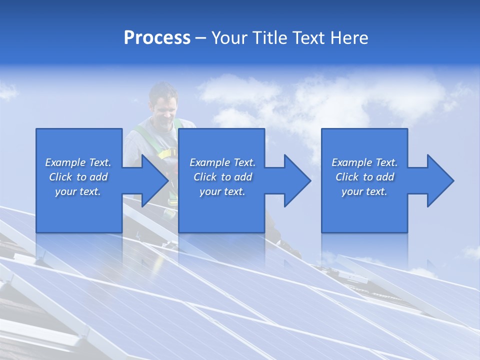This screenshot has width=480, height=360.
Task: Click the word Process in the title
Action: click(x=157, y=38)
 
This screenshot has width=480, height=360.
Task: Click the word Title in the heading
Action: click(x=268, y=38)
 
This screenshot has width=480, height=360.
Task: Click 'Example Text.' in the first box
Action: click(x=78, y=162)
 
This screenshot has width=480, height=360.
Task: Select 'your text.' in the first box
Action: click(x=78, y=191)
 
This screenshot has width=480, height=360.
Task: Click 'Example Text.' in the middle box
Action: click(x=222, y=162)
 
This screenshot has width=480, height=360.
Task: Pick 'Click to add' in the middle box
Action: click(x=222, y=177)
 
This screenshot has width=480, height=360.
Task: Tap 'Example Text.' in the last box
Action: click(x=364, y=162)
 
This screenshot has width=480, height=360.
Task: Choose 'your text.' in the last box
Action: click(x=364, y=191)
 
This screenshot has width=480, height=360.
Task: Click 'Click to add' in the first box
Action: click(x=78, y=177)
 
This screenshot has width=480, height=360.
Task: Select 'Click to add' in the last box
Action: click(x=364, y=177)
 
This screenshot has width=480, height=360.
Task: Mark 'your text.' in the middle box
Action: click(x=222, y=191)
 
